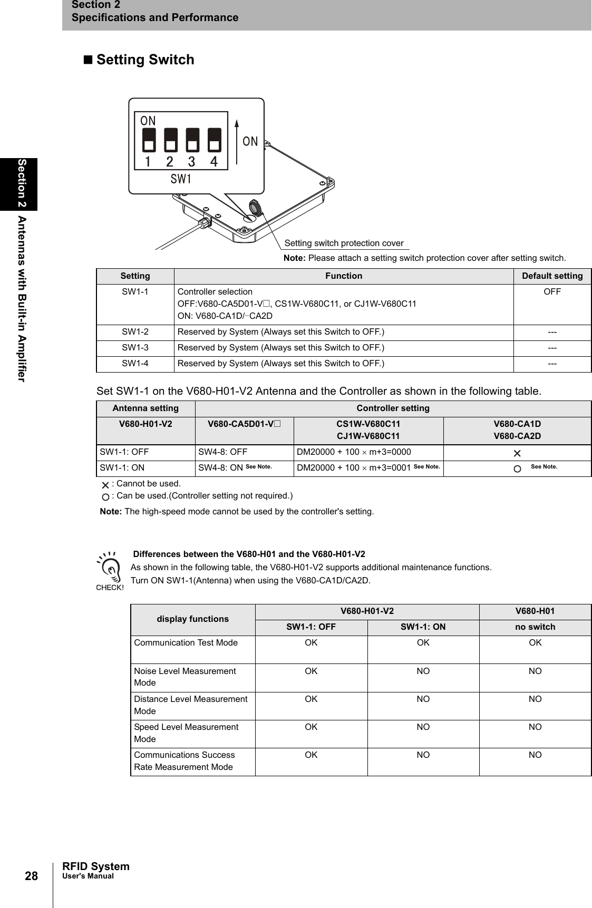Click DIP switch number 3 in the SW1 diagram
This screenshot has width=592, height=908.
[192, 140]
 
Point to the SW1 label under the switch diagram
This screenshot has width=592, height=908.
[181, 179]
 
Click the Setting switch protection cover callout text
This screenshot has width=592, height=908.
[344, 243]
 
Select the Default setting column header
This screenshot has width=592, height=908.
[552, 276]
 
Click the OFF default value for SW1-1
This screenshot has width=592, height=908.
[552, 292]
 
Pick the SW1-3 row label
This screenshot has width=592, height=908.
[135, 348]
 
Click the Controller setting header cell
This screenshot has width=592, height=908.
[393, 408]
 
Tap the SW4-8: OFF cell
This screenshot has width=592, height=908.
[223, 452]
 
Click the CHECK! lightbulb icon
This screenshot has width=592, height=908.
[110, 570]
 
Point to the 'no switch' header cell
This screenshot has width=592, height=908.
[535, 627]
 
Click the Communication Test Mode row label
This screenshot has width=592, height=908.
[186, 643]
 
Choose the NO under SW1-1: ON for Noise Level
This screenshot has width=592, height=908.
[423, 671]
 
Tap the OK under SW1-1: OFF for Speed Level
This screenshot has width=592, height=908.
[311, 727]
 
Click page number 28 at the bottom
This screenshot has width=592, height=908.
[32, 876]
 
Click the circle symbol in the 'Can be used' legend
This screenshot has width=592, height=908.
[106, 497]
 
